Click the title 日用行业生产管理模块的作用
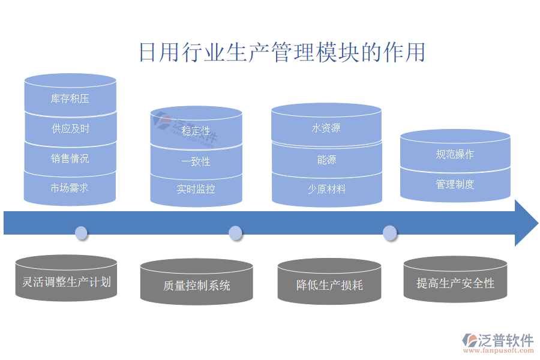tap(282, 52)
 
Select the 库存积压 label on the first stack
tap(70, 98)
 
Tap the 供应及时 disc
tap(70, 128)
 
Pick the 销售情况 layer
tap(70, 158)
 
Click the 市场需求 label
tap(70, 188)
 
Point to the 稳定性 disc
tap(196, 131)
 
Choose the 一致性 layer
tap(196, 161)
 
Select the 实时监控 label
tap(196, 189)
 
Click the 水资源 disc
tap(326, 128)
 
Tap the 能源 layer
tap(326, 160)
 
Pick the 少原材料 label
tap(326, 189)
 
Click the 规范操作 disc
tap(455, 154)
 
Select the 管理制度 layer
tap(455, 184)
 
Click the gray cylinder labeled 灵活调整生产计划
tap(66, 280)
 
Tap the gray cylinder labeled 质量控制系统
tap(196, 284)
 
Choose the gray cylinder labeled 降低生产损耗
tap(329, 284)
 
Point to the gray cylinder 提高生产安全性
tap(455, 282)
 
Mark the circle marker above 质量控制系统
tap(236, 233)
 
